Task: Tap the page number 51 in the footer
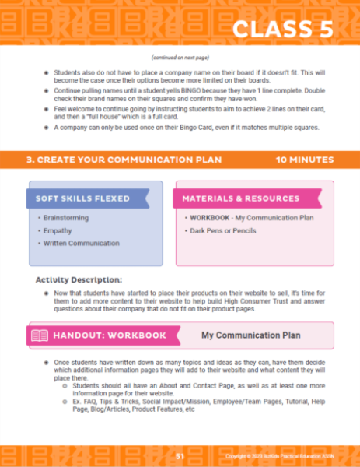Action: [180, 455]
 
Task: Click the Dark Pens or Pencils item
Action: [225, 230]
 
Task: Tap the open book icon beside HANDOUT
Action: [39, 335]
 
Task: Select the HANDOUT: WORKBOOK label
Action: [110, 335]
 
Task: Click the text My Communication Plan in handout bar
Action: [250, 335]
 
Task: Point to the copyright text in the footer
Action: [293, 456]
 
